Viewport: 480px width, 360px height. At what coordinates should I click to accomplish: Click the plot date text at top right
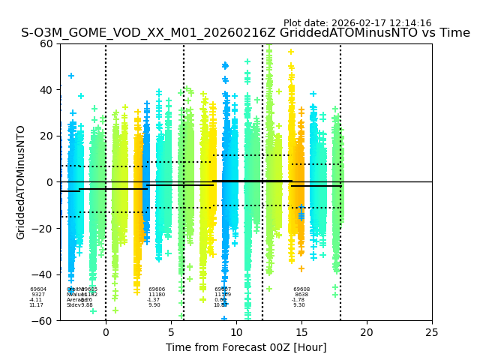[x=357, y=23]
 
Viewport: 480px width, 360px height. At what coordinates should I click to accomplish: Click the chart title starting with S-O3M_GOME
[x=245, y=33]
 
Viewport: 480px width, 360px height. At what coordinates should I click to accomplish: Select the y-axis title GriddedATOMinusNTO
[x=21, y=182]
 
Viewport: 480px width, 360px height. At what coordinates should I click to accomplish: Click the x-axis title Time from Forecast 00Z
[x=246, y=347]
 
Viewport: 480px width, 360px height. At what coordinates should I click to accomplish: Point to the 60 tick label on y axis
[x=46, y=43]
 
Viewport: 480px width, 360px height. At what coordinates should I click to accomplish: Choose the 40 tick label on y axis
[x=46, y=90]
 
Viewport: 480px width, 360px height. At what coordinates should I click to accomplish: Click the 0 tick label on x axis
[x=106, y=332]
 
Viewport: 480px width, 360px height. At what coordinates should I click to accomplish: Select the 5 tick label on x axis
[x=171, y=332]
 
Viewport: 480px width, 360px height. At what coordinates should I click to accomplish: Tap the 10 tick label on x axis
[x=236, y=332]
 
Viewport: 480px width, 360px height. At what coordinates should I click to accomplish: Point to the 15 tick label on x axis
[x=301, y=332]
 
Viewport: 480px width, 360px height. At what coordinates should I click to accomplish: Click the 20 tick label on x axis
[x=367, y=332]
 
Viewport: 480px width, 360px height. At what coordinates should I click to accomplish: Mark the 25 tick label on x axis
[x=432, y=332]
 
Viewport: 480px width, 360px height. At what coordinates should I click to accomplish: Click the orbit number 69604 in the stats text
[x=38, y=289]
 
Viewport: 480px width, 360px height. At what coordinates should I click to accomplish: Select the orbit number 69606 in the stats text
[x=157, y=289]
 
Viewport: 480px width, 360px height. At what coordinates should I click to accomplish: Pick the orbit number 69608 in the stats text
[x=301, y=289]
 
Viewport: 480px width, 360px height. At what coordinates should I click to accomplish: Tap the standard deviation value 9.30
[x=299, y=305]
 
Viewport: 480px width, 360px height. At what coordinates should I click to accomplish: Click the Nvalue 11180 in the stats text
[x=157, y=295]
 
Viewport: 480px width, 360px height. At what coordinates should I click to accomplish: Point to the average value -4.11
[x=36, y=300]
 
